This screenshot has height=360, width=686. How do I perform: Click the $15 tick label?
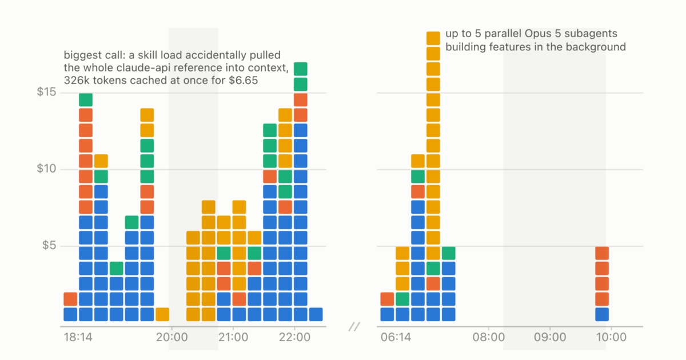46,92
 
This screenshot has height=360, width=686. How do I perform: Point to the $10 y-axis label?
46,169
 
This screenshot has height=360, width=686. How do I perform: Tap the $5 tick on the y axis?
49,245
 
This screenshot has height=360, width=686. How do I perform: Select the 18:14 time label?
78,337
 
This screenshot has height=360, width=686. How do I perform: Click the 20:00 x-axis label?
172,337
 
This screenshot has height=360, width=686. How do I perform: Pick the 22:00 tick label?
294,337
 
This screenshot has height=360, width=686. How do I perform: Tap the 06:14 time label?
396,337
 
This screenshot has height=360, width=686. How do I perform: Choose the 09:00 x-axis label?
550,337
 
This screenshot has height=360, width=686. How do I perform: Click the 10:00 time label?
611,337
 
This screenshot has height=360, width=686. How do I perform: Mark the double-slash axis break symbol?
354,327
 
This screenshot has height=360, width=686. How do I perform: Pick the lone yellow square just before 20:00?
162,314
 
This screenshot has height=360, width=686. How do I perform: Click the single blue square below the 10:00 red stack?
602,314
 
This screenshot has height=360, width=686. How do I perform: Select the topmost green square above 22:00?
301,69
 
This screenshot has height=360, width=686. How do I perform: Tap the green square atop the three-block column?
117,269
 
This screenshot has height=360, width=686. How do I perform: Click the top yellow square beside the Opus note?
433,38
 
